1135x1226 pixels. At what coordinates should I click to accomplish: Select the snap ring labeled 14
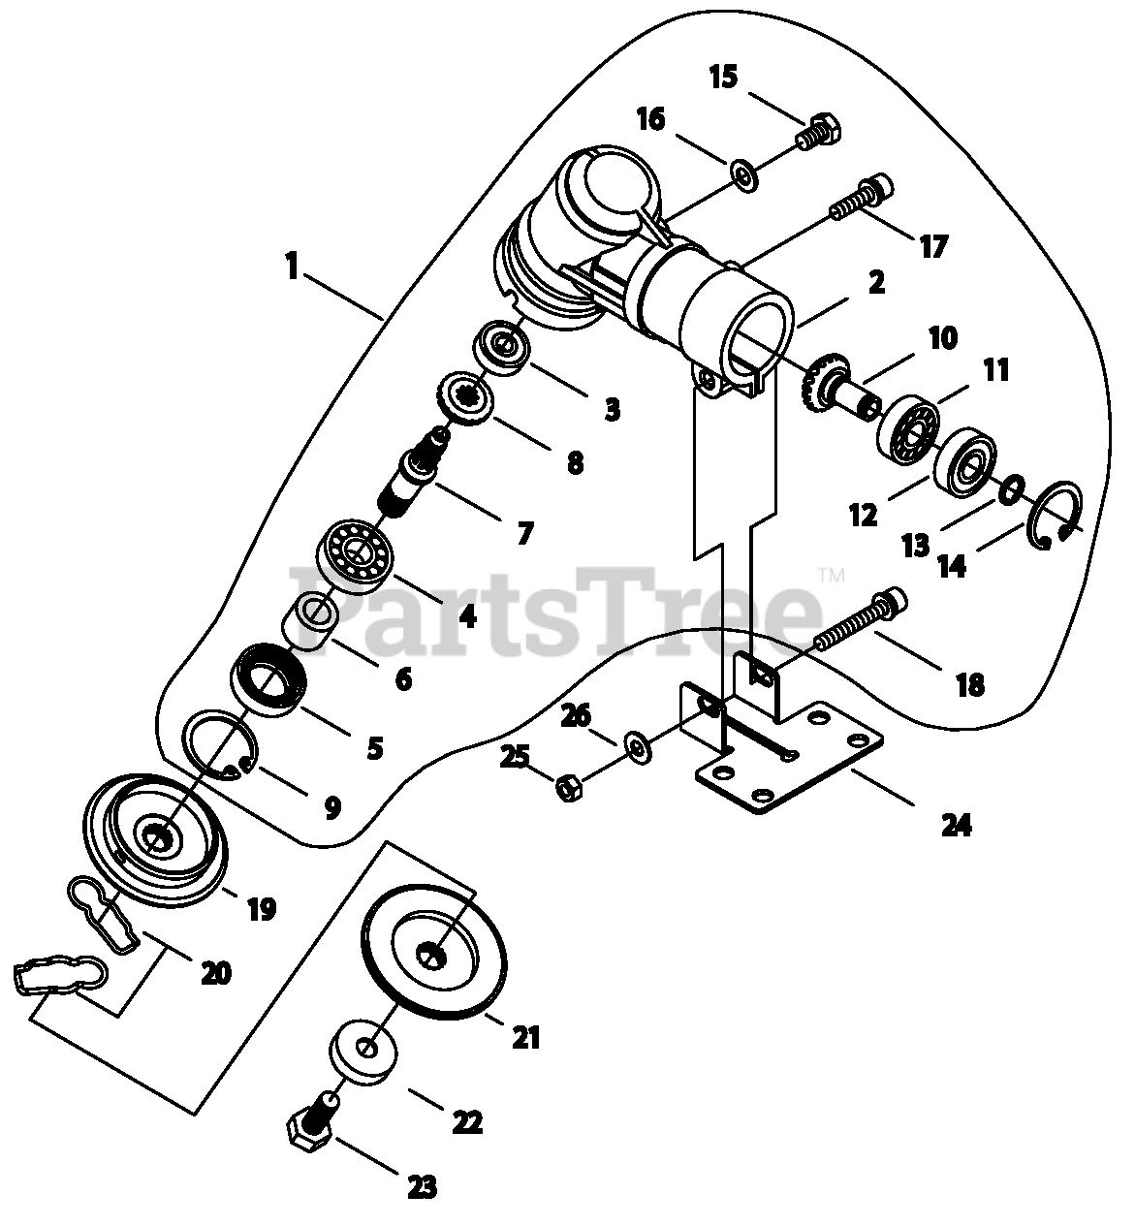tap(1059, 514)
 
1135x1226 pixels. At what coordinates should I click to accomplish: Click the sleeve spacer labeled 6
tap(312, 623)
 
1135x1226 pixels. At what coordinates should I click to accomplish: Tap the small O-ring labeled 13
tap(1009, 489)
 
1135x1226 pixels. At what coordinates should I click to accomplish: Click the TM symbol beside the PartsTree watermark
tap(833, 575)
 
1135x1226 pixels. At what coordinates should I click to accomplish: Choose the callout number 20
tap(215, 972)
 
